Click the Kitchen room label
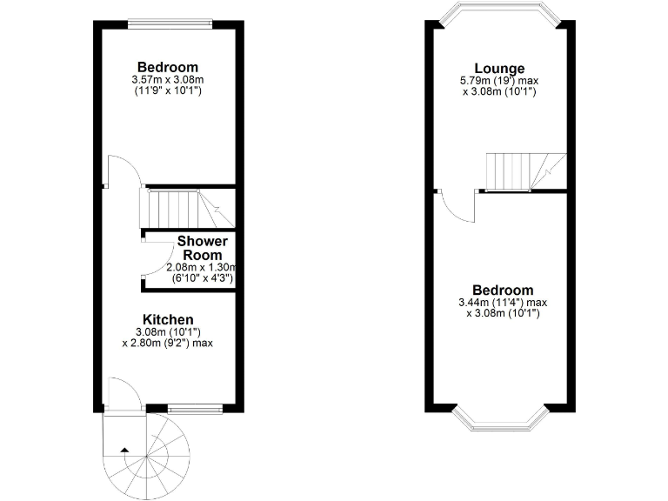[169, 320]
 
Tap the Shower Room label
[202, 247]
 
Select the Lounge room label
[499, 69]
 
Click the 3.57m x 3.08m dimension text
[168, 80]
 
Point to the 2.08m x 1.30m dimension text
[202, 267]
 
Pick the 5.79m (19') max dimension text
[498, 81]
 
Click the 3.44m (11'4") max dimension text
[503, 303]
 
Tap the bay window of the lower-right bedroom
[499, 421]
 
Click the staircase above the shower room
[185, 209]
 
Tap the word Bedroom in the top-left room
[168, 67]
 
